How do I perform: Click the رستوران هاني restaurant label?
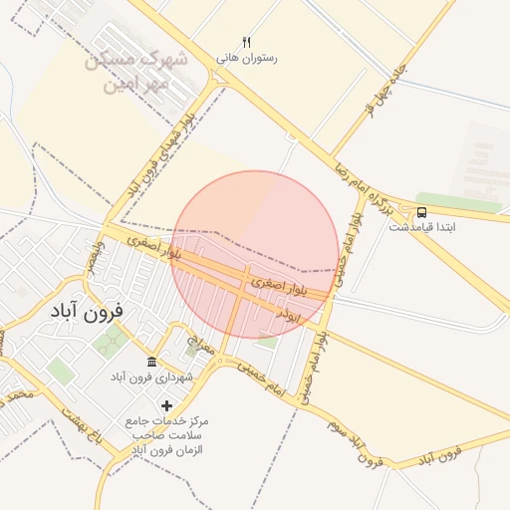point(247,58)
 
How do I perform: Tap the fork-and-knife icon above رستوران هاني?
point(247,42)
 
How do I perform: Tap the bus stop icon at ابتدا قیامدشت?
point(422,212)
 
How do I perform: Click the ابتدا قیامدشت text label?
point(422,227)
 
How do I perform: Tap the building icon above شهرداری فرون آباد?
point(150,362)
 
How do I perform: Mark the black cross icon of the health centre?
point(166,404)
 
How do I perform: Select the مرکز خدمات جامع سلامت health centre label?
point(166,436)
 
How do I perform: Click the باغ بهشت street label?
point(80,423)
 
